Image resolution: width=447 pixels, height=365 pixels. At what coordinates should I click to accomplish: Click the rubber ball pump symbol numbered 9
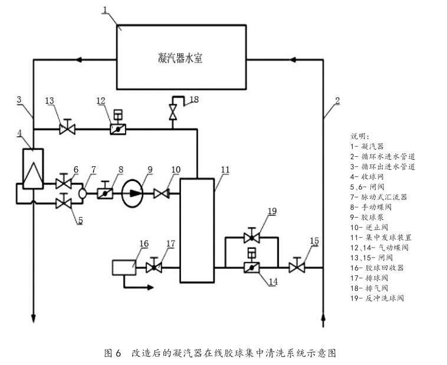pyautogui.click(x=133, y=193)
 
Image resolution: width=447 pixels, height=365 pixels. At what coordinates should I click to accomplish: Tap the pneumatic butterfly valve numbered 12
pyautogui.click(x=117, y=128)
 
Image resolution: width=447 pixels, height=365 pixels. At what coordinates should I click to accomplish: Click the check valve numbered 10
pyautogui.click(x=161, y=193)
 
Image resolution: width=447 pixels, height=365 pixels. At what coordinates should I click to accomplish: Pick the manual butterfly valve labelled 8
pyautogui.click(x=106, y=192)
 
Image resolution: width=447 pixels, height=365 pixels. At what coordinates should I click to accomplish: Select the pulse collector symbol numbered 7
pyautogui.click(x=84, y=192)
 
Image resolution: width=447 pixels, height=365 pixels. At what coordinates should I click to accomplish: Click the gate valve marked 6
pyautogui.click(x=63, y=183)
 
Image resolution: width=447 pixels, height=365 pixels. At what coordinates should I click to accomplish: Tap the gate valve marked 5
pyautogui.click(x=63, y=203)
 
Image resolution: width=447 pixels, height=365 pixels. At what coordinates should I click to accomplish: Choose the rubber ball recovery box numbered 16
pyautogui.click(x=123, y=267)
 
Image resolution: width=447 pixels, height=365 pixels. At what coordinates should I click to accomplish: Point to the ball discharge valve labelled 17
pyautogui.click(x=154, y=267)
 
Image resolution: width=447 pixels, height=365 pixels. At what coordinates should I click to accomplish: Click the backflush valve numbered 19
pyautogui.click(x=252, y=238)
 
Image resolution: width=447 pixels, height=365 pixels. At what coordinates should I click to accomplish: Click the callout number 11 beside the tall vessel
pyautogui.click(x=225, y=169)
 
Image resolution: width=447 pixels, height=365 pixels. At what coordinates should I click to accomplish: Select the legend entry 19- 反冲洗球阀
pyautogui.click(x=380, y=298)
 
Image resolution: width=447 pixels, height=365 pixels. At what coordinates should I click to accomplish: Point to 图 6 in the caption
pyautogui.click(x=112, y=353)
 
